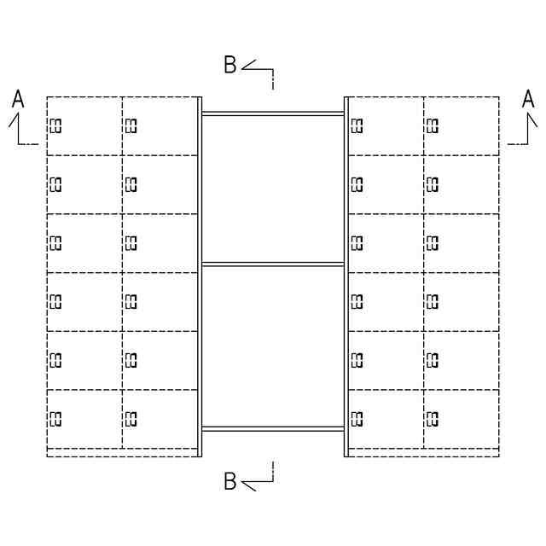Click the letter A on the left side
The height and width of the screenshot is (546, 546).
[x=18, y=101]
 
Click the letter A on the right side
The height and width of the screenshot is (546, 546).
[x=528, y=101]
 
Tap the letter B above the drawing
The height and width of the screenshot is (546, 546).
[x=230, y=65]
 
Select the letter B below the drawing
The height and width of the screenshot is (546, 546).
[x=230, y=482]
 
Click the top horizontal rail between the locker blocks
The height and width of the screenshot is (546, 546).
[x=273, y=113]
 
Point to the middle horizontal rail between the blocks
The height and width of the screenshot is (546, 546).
[x=273, y=264]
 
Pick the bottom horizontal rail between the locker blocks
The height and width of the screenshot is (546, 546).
[x=273, y=428]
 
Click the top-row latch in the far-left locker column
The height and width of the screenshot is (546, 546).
[x=56, y=126]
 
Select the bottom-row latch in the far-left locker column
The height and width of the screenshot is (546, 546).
[x=56, y=418]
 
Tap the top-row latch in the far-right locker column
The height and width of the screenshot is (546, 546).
[x=432, y=126]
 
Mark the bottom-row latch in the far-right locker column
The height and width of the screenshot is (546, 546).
[x=432, y=418]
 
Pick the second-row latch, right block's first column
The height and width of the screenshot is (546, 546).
[x=357, y=184]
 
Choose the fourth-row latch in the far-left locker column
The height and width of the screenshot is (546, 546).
[x=56, y=301]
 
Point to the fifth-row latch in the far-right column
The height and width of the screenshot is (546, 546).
[x=432, y=359]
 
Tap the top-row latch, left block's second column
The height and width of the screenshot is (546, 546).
[x=131, y=126]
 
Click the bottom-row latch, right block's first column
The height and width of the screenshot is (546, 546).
[x=357, y=418]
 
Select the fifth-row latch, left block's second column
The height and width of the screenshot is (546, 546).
[x=131, y=359]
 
